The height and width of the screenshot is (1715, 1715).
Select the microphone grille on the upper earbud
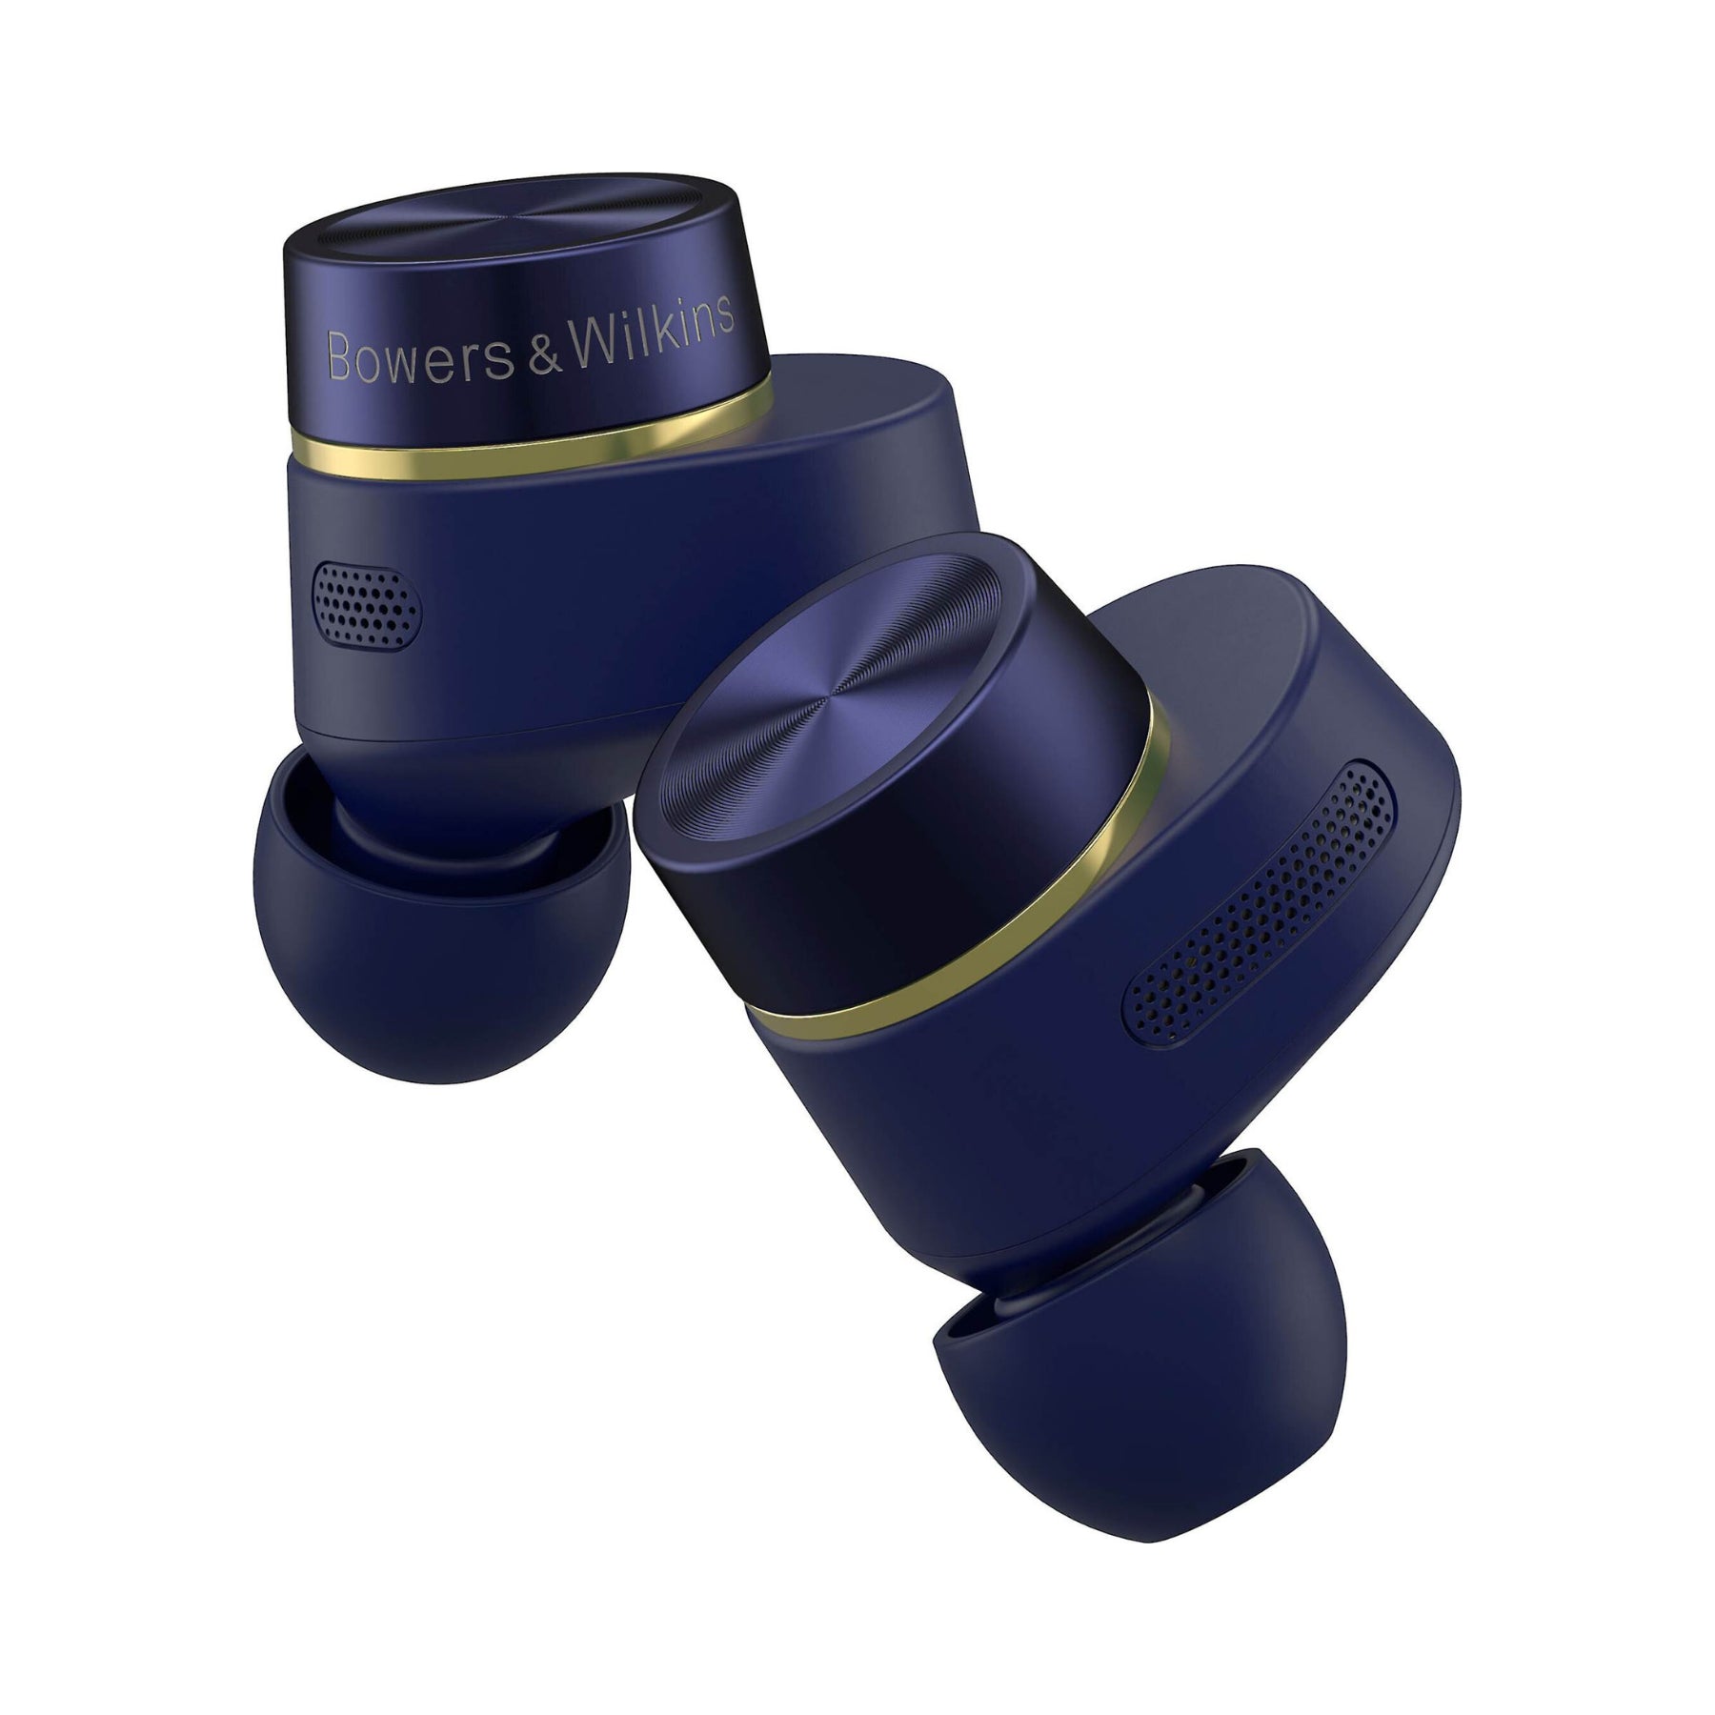click(x=367, y=601)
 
